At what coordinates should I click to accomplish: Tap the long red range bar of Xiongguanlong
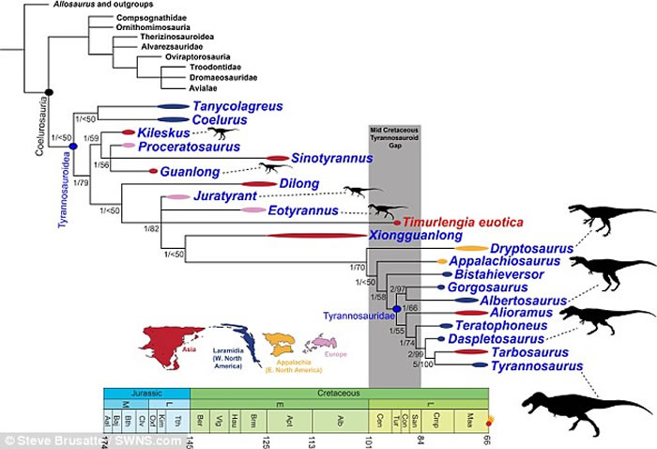(x=300, y=235)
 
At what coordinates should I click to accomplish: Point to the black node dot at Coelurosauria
(x=49, y=90)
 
